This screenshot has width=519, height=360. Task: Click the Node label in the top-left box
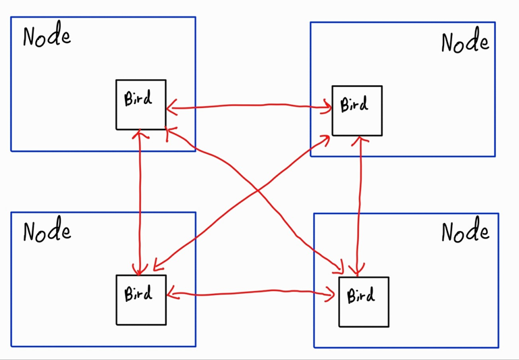(47, 36)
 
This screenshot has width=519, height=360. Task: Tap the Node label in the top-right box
(465, 42)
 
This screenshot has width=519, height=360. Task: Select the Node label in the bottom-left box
(47, 231)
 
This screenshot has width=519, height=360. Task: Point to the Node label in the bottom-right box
(465, 232)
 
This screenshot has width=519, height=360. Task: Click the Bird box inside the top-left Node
(140, 104)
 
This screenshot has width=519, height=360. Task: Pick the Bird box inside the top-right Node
(356, 110)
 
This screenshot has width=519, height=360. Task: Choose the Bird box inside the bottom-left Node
(140, 299)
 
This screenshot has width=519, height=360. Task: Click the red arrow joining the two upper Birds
(250, 105)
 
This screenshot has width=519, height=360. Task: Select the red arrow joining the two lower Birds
(251, 292)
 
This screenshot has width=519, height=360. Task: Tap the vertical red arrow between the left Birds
(140, 203)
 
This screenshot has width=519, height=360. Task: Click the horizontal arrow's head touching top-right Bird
(328, 105)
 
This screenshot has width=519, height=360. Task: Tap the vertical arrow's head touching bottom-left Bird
(140, 270)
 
